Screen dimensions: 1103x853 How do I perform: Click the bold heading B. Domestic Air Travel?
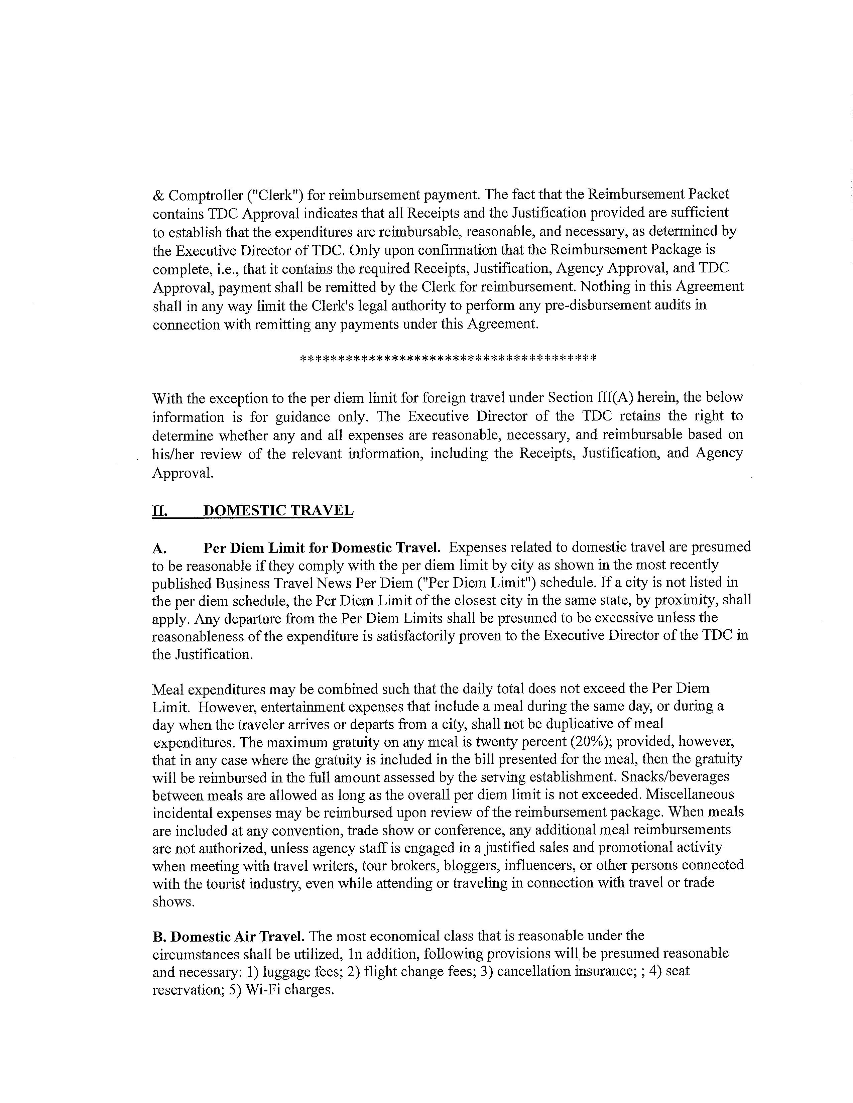pyautogui.click(x=228, y=936)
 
